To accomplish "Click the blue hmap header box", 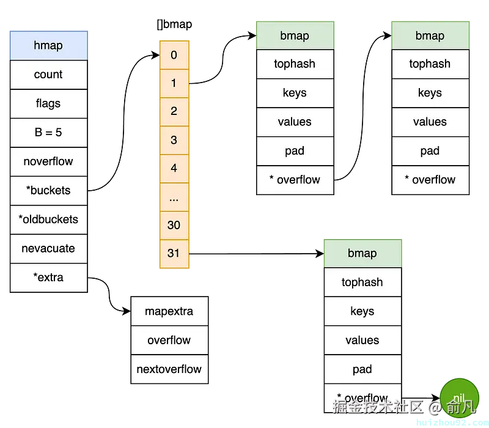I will [x=48, y=45].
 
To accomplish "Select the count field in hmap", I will [x=48, y=75].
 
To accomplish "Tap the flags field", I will [x=48, y=103].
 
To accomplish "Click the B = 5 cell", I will [x=48, y=132].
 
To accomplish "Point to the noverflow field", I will [x=48, y=161].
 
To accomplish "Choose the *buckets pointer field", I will [x=48, y=190].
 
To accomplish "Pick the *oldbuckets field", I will [x=48, y=219].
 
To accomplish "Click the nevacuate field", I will [x=48, y=248].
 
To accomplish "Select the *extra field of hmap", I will [x=48, y=277].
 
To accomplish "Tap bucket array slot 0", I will [x=174, y=55].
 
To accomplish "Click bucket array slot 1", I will [x=174, y=83].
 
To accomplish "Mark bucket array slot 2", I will [x=174, y=111].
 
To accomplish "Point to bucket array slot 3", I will [x=174, y=140].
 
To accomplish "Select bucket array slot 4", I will [x=174, y=168].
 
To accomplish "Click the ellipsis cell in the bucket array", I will [x=174, y=197].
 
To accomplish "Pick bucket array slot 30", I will [x=174, y=225].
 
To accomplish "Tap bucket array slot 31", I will [x=174, y=253].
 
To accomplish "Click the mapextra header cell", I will [x=169, y=311].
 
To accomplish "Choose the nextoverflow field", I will [x=169, y=369].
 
